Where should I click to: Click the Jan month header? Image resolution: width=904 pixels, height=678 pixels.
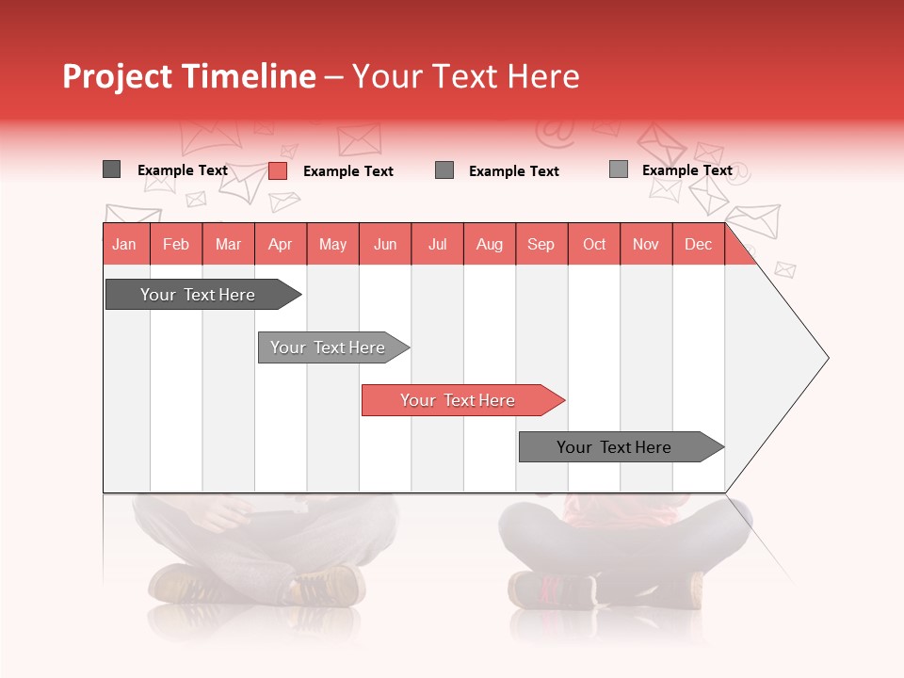[124, 244]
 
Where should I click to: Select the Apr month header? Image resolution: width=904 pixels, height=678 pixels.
[280, 244]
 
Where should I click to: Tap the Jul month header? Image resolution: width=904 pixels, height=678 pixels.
[437, 244]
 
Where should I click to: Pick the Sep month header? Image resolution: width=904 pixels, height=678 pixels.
[541, 244]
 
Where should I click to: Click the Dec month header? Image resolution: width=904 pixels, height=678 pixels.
[698, 244]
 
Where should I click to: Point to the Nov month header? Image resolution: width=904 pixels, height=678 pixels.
[645, 244]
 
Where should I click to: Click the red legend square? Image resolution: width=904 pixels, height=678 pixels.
[277, 170]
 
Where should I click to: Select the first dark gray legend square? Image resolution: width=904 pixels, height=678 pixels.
[111, 169]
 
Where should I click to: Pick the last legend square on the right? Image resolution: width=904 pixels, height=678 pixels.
[618, 169]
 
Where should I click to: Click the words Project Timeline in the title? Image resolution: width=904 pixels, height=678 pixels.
[188, 76]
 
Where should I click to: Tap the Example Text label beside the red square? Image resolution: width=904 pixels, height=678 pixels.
[347, 171]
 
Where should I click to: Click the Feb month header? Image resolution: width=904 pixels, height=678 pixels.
[176, 244]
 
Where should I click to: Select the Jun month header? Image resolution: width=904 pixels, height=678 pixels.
[384, 244]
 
